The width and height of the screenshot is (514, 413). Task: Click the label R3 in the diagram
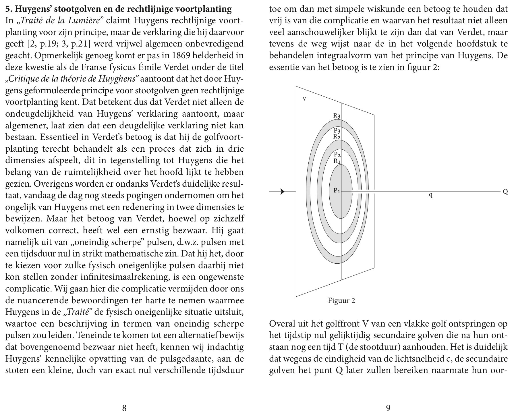[x=337, y=116]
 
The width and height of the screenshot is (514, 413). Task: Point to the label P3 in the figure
[x=337, y=131]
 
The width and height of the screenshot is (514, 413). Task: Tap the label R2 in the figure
[x=337, y=137]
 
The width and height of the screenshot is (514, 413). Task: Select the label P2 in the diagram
[x=337, y=155]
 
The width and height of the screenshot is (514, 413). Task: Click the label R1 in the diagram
[x=337, y=161]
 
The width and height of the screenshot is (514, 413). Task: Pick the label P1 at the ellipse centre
[x=337, y=190]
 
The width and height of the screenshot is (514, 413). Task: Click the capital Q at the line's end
[x=505, y=192]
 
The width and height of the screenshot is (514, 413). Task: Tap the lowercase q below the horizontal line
[x=430, y=195]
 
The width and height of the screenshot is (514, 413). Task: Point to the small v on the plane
[x=304, y=99]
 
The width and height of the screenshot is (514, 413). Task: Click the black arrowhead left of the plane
[x=283, y=192]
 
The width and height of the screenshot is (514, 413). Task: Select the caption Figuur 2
[x=341, y=301]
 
